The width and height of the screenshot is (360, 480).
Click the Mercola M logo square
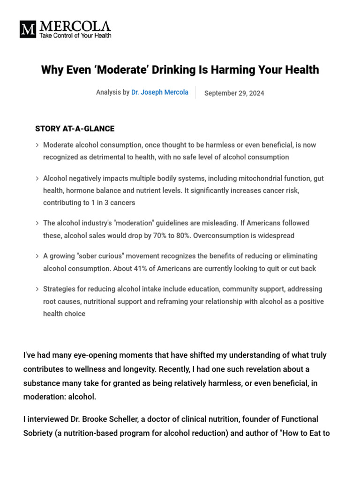click(x=28, y=29)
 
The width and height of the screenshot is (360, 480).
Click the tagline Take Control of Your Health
click(x=75, y=36)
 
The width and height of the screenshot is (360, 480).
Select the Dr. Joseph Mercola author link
click(x=160, y=93)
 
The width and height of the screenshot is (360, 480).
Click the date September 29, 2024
click(x=234, y=93)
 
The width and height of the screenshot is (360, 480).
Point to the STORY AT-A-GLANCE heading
click(x=75, y=129)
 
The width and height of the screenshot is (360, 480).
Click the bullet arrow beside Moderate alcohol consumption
click(x=37, y=145)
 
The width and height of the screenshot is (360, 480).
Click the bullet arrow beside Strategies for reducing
click(x=37, y=289)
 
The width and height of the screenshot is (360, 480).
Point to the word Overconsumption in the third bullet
click(x=220, y=236)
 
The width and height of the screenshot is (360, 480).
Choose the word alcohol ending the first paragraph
click(x=82, y=397)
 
